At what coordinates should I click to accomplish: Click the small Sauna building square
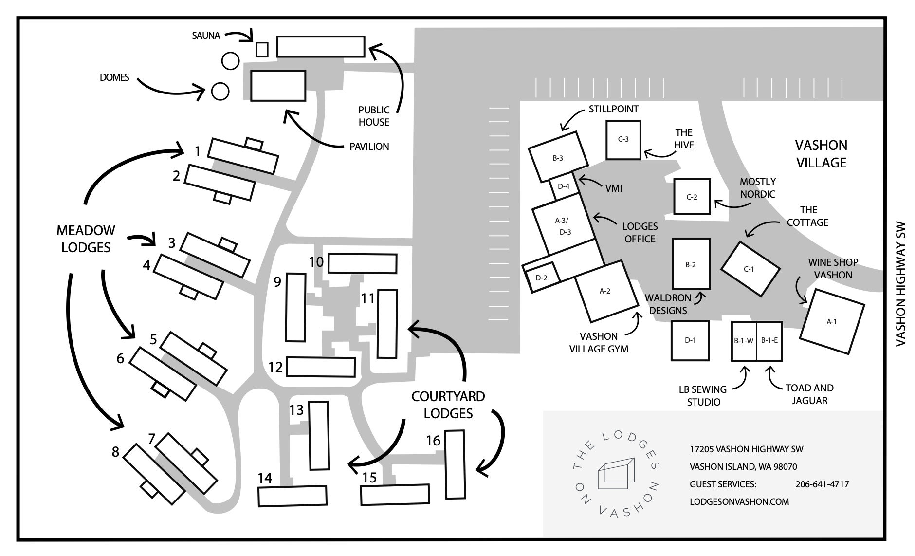(x=262, y=50)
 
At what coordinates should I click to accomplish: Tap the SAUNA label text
(x=206, y=36)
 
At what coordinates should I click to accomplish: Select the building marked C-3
(x=623, y=140)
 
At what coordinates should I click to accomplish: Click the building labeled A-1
(x=832, y=322)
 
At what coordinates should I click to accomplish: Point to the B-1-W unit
(x=744, y=341)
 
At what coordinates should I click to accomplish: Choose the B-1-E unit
(x=769, y=341)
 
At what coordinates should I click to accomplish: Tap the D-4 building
(x=564, y=186)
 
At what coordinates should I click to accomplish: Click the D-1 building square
(x=690, y=340)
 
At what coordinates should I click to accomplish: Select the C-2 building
(x=692, y=197)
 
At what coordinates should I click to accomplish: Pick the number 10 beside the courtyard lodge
(x=316, y=262)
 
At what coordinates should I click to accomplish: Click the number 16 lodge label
(x=433, y=441)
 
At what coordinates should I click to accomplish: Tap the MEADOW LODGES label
(x=86, y=239)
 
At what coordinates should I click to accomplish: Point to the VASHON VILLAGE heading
(x=821, y=154)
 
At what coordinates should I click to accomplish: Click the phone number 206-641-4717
(x=822, y=484)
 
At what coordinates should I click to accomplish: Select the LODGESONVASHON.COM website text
(x=739, y=501)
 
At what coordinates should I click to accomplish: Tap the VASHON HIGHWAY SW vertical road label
(x=900, y=284)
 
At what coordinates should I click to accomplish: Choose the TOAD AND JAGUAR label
(x=809, y=394)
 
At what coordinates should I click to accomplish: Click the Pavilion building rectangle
(x=278, y=86)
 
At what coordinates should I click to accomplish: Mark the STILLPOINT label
(x=613, y=109)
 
